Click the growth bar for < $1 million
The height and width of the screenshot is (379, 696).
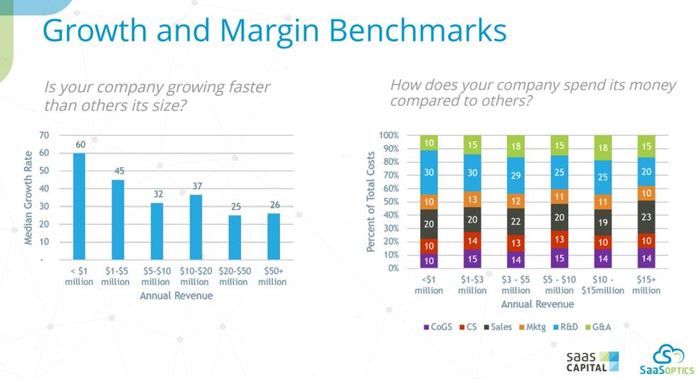coord(80,206)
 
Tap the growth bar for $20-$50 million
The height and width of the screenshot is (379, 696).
coord(234,237)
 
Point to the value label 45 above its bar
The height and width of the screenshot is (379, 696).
coord(118,171)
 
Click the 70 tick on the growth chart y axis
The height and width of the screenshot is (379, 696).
coord(44,135)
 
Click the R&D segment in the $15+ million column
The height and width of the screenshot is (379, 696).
coord(647,172)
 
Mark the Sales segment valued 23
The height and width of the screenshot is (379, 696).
coord(647,218)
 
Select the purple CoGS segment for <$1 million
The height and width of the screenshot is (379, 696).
coord(429,261)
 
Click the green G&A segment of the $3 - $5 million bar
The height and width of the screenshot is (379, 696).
coord(516,146)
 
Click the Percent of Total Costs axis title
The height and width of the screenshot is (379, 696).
coord(370,201)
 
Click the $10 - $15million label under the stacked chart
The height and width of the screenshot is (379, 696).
coord(603,285)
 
